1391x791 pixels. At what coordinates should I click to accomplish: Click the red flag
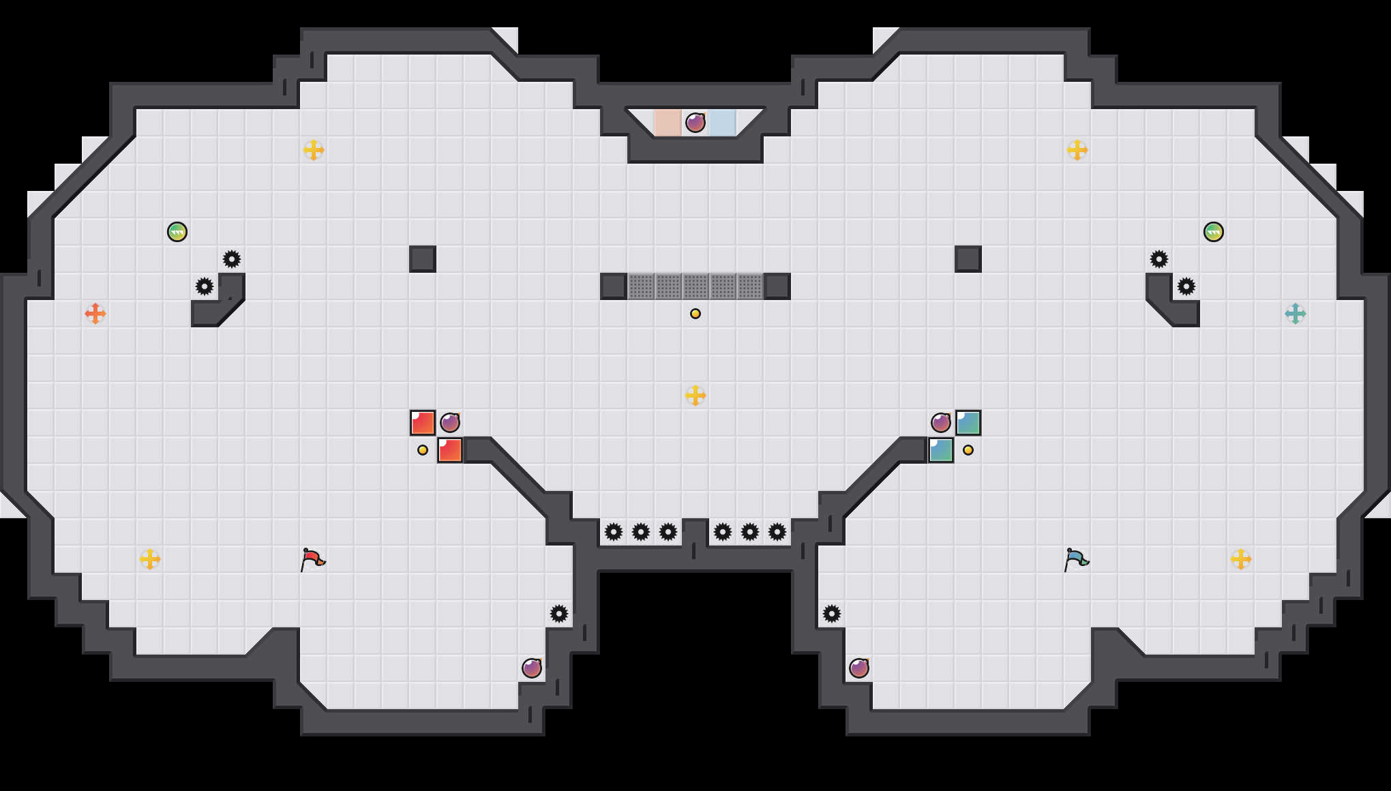(313, 559)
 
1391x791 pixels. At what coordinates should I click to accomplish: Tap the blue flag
(1077, 559)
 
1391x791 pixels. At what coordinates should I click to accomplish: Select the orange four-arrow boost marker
(95, 314)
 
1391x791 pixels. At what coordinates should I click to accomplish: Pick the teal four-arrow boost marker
(1295, 314)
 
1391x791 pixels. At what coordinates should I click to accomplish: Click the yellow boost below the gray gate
(695, 395)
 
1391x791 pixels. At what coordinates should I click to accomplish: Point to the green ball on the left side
(177, 232)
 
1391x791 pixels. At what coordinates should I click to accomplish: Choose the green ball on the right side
(1214, 232)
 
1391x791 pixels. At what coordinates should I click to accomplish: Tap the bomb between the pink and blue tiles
(695, 123)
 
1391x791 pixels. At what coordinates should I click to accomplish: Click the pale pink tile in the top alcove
(668, 123)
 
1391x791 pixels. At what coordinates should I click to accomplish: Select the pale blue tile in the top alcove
(723, 123)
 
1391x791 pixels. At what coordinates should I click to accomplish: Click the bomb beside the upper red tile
(450, 423)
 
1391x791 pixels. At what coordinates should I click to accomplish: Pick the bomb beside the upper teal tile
(941, 423)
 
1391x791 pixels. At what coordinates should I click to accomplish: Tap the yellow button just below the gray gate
(695, 314)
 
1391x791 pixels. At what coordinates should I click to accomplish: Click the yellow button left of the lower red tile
(423, 450)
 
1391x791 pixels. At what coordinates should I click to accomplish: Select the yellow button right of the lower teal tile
(968, 450)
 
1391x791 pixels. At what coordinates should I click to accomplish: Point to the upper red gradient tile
(423, 423)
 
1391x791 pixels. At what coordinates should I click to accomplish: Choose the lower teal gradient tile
(941, 450)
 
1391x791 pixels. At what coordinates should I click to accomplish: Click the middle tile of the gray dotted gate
(695, 286)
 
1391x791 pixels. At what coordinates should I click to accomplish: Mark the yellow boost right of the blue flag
(1241, 559)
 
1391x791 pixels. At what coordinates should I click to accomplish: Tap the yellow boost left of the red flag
(150, 559)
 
